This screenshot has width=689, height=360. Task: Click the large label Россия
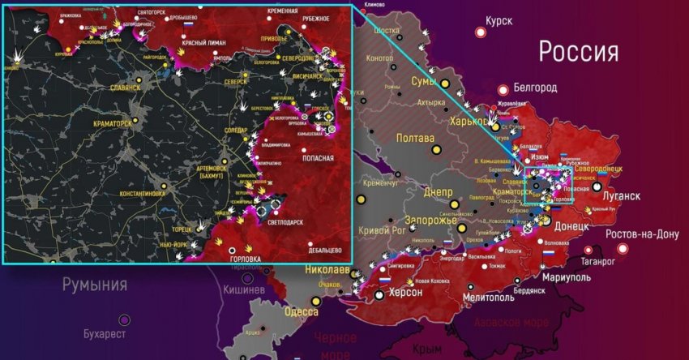[579, 53]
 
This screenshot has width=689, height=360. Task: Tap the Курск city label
[499, 21]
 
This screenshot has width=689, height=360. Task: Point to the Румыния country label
[96, 285]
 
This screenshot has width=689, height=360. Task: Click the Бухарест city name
[106, 332]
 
